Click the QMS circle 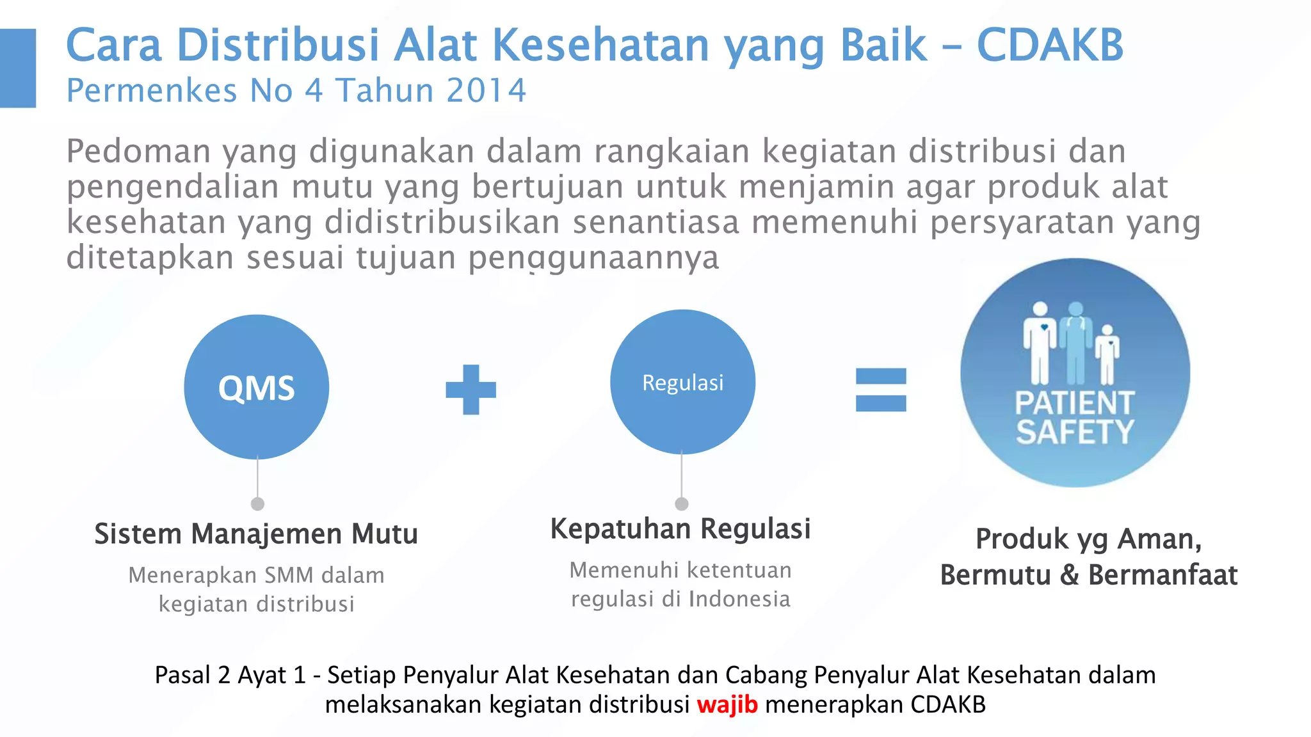(x=256, y=387)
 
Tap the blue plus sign (x=471, y=389)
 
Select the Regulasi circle (x=682, y=383)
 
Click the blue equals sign (x=881, y=390)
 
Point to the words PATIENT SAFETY (x=1075, y=418)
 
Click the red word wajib (x=727, y=704)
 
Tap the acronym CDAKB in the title (x=1050, y=45)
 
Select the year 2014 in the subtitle (x=487, y=90)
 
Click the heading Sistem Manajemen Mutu (x=256, y=534)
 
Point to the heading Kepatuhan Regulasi (x=680, y=529)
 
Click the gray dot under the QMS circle (x=257, y=504)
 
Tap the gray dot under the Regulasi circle (x=682, y=504)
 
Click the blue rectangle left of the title (x=18, y=68)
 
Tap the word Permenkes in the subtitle (x=152, y=90)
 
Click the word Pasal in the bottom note (x=182, y=675)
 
